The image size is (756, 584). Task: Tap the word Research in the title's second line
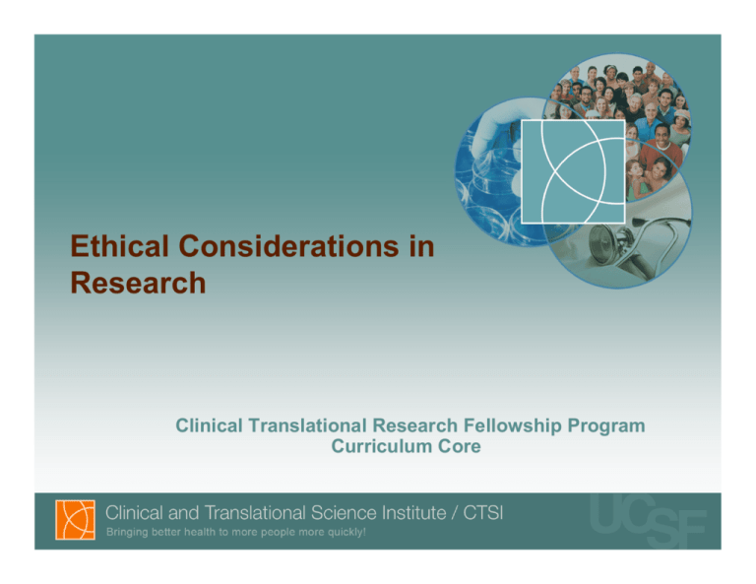pos(139,284)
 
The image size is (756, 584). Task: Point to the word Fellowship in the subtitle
pos(511,426)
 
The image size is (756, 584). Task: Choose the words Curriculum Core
pos(409,447)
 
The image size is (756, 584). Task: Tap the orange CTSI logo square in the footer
pos(74,520)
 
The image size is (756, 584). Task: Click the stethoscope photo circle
pos(630,241)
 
